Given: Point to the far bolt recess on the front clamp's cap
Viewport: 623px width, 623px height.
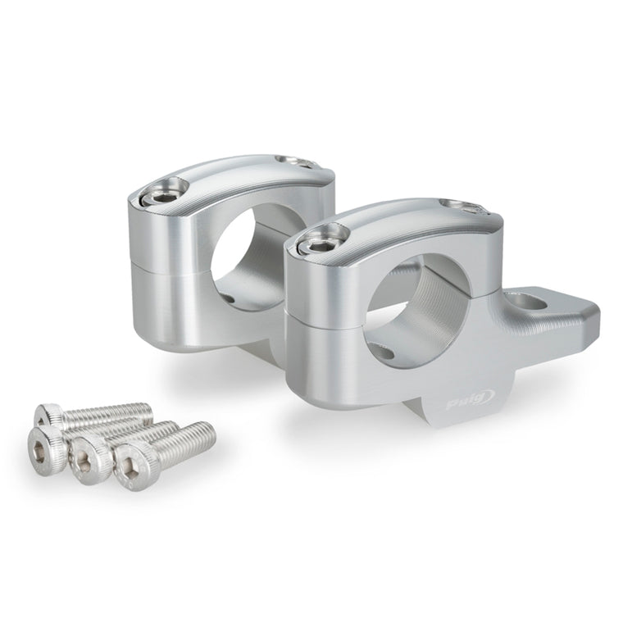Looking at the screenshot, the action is [x=461, y=206].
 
